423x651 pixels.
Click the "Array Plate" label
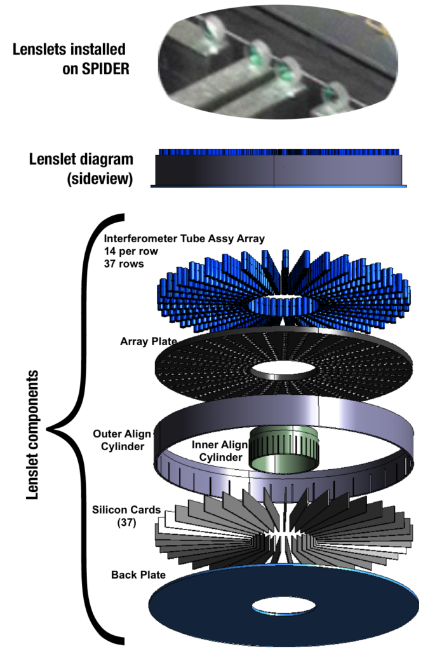coord(148,341)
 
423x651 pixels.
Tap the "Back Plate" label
coord(138,575)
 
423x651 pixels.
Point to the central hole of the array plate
coord(277,370)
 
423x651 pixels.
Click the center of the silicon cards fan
coord(279,534)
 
